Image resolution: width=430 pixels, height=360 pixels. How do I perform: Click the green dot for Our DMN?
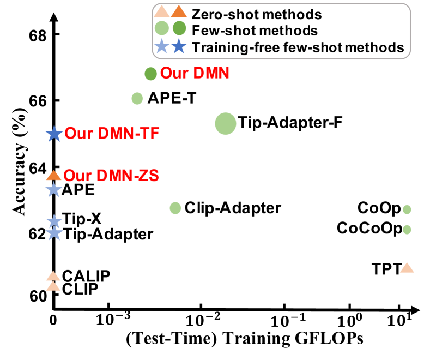151,73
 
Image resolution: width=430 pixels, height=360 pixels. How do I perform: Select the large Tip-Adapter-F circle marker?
225,123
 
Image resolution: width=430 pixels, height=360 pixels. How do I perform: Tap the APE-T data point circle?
137,98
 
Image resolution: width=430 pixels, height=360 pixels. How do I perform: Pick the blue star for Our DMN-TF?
53,133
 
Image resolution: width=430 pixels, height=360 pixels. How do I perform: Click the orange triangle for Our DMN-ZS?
53,175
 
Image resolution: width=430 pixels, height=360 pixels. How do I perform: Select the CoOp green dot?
407,209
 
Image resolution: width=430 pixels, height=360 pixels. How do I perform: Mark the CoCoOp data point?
407,229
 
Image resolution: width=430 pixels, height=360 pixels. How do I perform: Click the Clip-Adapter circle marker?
175,208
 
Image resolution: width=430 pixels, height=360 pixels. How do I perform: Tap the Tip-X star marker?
53,221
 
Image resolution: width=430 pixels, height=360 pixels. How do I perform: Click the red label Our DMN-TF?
112,134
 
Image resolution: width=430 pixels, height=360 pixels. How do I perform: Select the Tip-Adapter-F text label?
290,123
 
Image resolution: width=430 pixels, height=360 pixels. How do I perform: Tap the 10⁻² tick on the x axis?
203,318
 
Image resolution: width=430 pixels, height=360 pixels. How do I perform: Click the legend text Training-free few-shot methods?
298,47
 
